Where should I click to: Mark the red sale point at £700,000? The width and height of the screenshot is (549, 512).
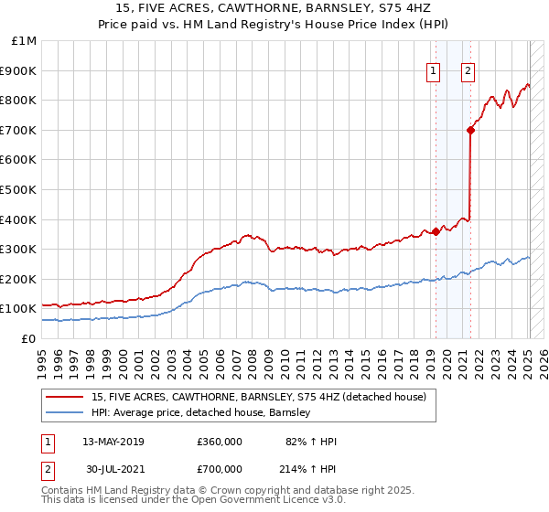tap(470, 130)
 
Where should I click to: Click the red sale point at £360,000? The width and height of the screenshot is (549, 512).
tap(436, 231)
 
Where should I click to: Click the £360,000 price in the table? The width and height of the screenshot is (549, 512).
tap(220, 442)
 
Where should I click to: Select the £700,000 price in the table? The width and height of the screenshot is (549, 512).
tap(220, 468)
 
